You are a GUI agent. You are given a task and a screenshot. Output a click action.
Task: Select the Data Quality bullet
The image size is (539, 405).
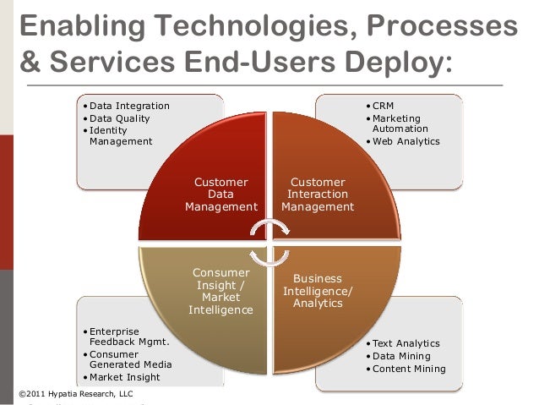pyautogui.click(x=119, y=118)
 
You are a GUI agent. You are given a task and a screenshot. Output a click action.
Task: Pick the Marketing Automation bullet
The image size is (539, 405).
pyautogui.click(x=396, y=123)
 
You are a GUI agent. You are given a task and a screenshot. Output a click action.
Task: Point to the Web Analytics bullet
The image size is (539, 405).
pyautogui.click(x=406, y=141)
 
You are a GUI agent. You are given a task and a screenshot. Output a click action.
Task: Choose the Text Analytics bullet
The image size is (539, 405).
pyautogui.click(x=406, y=343)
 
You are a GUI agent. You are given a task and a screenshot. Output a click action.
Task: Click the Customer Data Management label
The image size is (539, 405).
pyautogui.click(x=221, y=194)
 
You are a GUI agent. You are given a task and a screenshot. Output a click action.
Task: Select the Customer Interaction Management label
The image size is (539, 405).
pyautogui.click(x=318, y=194)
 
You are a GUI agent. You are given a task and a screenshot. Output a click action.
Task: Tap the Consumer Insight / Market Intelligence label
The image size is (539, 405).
pyautogui.click(x=221, y=291)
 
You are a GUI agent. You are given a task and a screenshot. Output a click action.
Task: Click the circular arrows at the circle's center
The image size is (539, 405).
pyautogui.click(x=269, y=242)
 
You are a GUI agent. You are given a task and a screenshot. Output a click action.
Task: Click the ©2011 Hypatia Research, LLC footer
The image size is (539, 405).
pyautogui.click(x=74, y=394)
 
